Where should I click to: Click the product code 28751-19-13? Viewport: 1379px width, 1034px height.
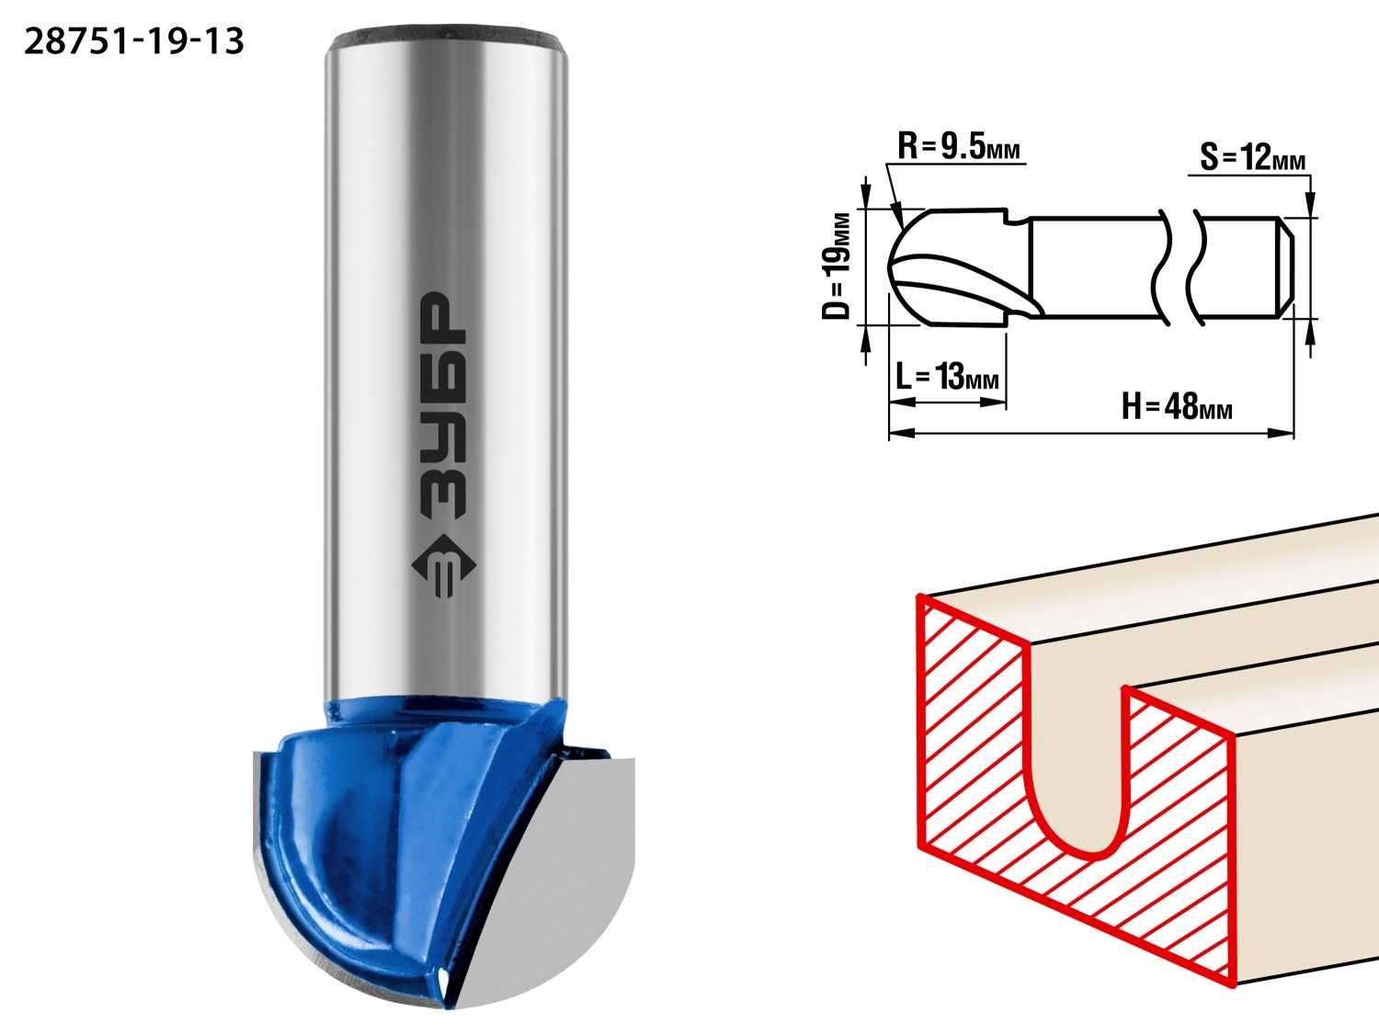134,41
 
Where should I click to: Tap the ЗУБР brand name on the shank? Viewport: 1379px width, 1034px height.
443,405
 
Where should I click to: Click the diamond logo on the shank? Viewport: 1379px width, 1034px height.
443,565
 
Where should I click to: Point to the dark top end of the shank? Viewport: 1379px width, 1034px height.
447,37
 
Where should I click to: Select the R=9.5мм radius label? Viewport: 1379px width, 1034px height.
959,147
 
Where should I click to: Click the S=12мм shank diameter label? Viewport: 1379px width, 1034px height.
1252,157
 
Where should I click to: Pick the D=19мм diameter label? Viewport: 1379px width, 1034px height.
837,267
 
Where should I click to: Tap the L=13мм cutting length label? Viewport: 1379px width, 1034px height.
947,377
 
